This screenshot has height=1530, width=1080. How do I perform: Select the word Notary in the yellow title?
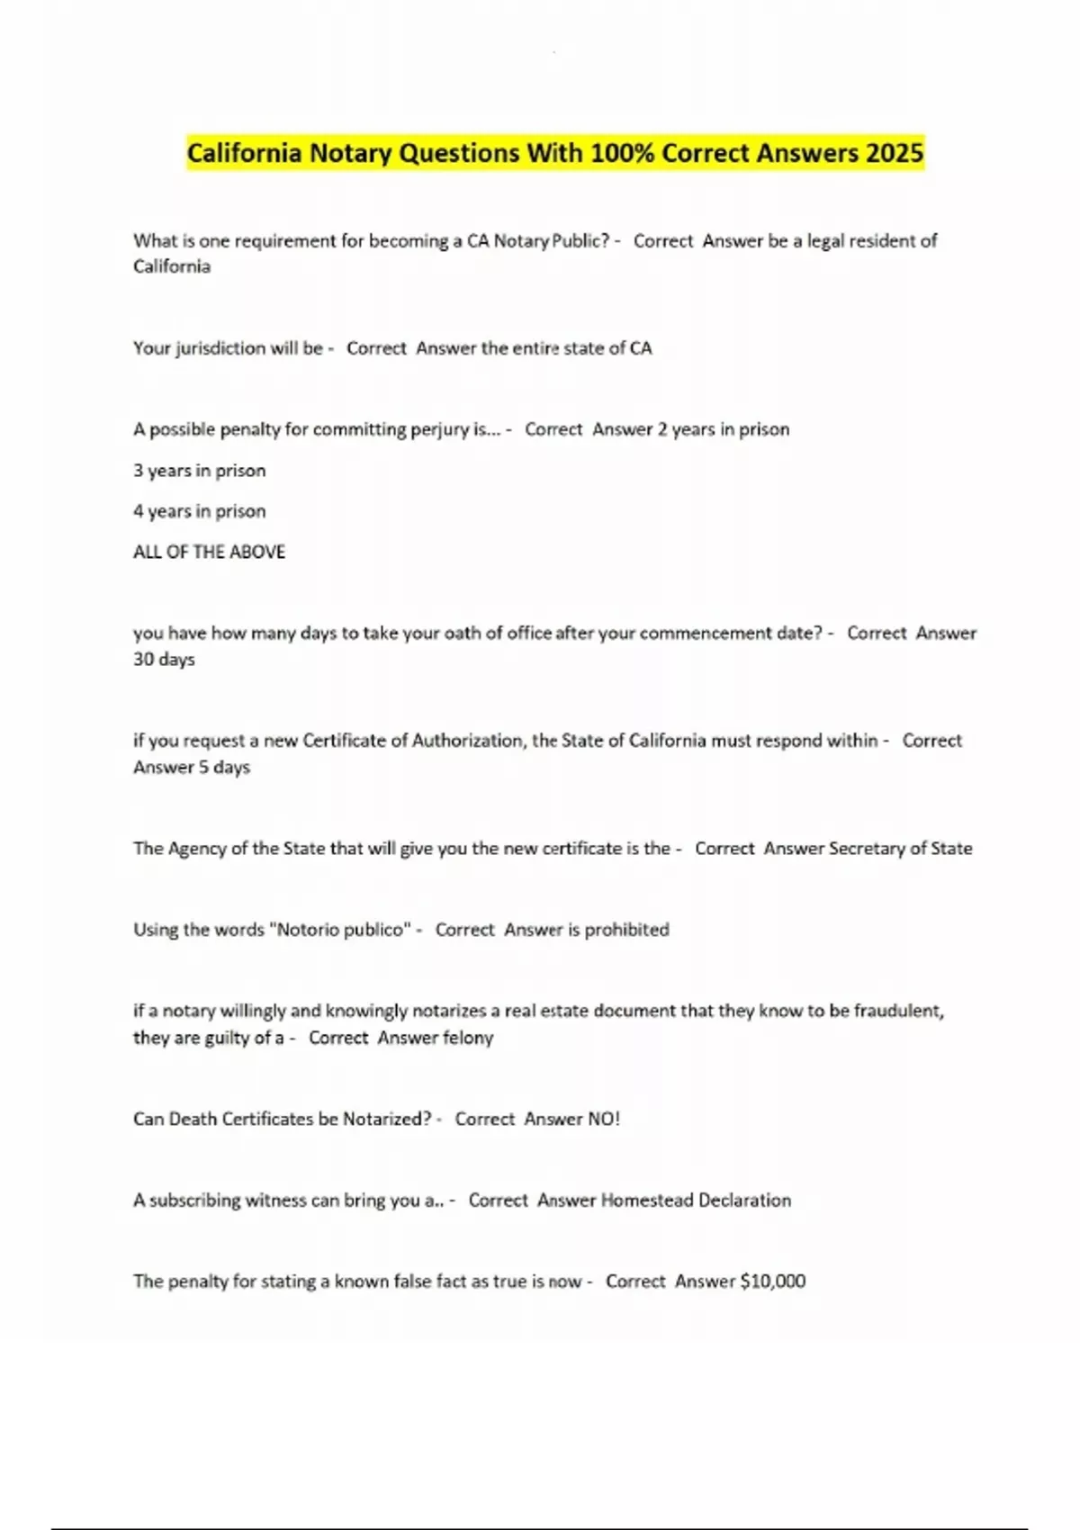pyautogui.click(x=350, y=153)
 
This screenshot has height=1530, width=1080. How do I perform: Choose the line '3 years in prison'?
pyautogui.click(x=199, y=471)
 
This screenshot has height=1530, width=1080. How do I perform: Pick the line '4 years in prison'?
pyautogui.click(x=199, y=511)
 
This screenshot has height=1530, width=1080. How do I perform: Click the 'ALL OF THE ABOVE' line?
pyautogui.click(x=209, y=552)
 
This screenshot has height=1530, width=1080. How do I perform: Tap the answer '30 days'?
pyautogui.click(x=164, y=660)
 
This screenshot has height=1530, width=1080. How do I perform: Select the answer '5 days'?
pyautogui.click(x=224, y=768)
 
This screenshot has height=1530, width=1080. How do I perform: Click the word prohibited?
pyautogui.click(x=626, y=930)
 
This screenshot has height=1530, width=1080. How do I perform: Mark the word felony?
pyautogui.click(x=463, y=1038)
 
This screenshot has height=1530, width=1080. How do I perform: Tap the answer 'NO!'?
pyautogui.click(x=603, y=1119)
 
